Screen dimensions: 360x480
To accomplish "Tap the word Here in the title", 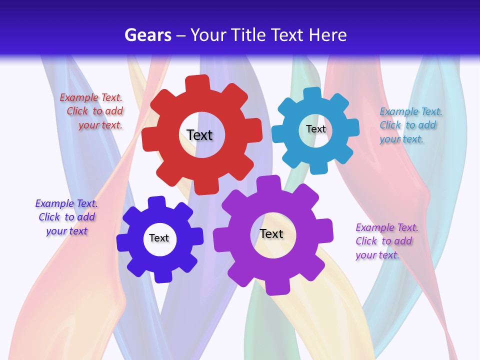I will click(327, 35).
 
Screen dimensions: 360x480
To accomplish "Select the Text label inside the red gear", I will click(199, 135).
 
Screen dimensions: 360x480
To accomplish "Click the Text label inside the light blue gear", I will click(315, 129).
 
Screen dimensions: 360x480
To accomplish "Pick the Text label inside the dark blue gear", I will click(159, 238).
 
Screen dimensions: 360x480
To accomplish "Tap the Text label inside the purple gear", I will click(271, 233).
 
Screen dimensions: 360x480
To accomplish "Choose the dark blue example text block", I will click(67, 217).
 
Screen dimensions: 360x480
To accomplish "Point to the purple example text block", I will click(386, 241).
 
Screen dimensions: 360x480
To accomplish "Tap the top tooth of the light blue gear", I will click(312, 94).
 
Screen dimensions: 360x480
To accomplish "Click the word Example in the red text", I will click(79, 98).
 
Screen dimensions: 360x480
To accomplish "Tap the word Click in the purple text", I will click(366, 241).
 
